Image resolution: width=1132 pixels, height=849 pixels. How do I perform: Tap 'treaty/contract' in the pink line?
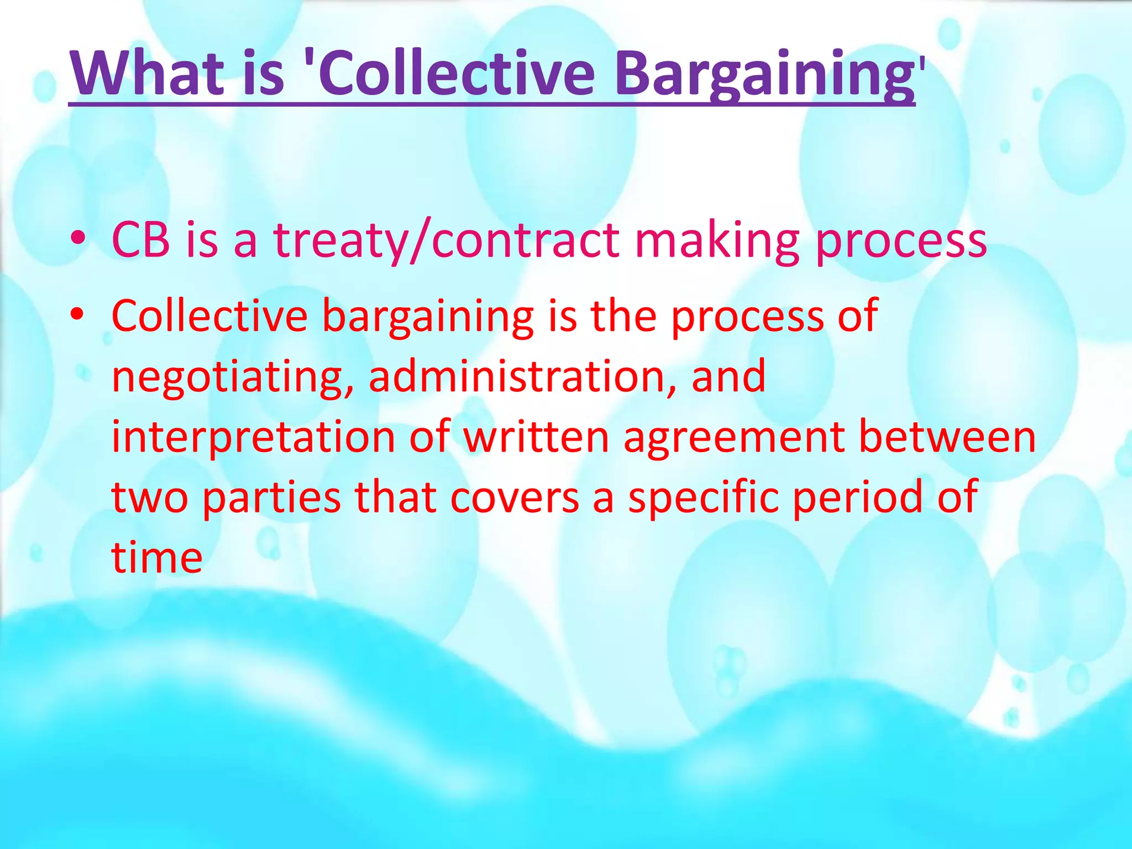point(447,241)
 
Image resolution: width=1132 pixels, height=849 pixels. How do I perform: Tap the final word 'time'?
point(157,557)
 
